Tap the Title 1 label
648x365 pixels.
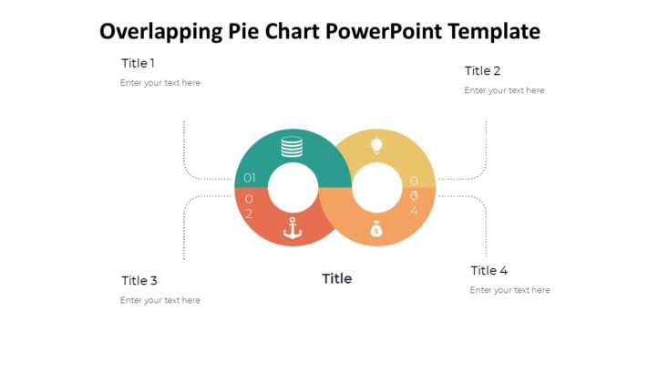click(x=138, y=63)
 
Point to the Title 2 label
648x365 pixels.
click(x=482, y=70)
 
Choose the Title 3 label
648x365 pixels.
click(x=139, y=280)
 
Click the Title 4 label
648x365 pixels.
click(x=489, y=270)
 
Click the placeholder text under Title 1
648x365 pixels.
click(x=159, y=83)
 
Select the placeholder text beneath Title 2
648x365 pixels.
click(x=504, y=90)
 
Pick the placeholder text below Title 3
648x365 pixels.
click(x=159, y=300)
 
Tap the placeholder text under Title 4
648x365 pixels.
click(x=509, y=290)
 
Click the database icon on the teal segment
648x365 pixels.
click(x=292, y=146)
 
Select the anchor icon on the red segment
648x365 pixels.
click(x=292, y=228)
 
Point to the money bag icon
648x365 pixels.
click(x=376, y=229)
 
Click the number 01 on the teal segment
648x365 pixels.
click(x=249, y=178)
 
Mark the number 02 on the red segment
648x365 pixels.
click(x=249, y=205)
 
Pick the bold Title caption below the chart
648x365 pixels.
click(x=336, y=278)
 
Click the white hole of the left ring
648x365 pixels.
click(x=293, y=188)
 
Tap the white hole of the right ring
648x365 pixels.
click(x=376, y=188)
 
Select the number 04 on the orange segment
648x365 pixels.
click(x=414, y=203)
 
